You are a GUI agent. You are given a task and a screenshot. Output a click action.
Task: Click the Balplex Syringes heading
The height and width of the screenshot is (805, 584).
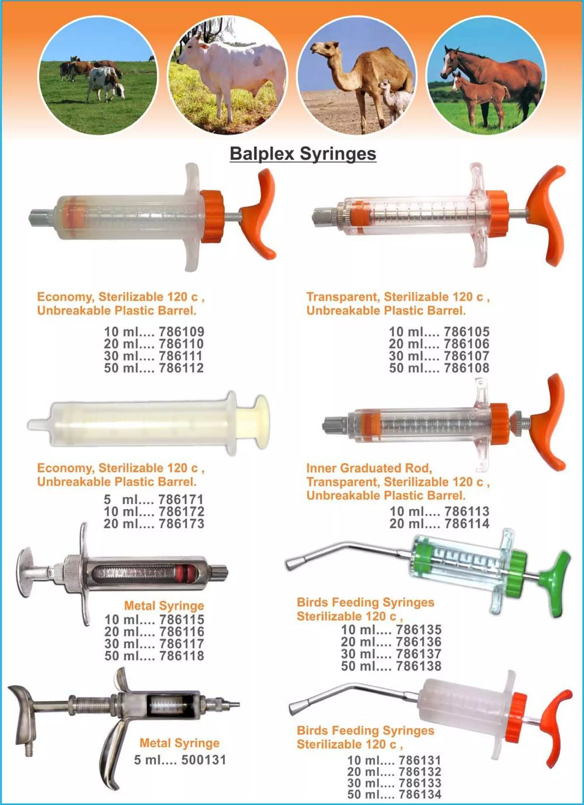point(303,154)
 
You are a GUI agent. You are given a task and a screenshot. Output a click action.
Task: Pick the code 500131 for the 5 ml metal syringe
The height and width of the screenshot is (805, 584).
point(204,760)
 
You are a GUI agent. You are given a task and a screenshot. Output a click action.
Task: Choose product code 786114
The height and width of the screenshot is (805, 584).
point(467,524)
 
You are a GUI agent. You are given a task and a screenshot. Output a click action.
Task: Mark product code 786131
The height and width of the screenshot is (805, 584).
point(419,761)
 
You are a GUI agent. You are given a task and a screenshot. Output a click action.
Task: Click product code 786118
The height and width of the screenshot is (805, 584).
point(182,656)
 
